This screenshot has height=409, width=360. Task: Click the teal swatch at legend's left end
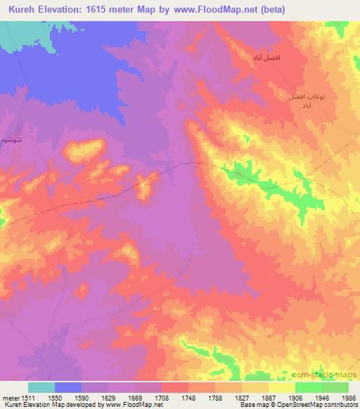41,387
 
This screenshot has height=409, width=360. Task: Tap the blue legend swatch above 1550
68,387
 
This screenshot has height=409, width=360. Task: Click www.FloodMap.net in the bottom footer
135,405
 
